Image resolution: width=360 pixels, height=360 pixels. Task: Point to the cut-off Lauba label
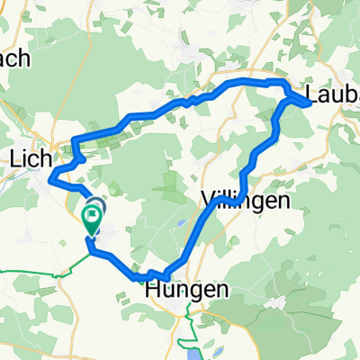[333, 93]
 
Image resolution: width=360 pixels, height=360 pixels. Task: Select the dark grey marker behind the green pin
[96, 205]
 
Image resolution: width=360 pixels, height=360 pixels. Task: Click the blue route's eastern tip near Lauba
[310, 103]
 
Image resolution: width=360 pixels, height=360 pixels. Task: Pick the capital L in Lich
[14, 160]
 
